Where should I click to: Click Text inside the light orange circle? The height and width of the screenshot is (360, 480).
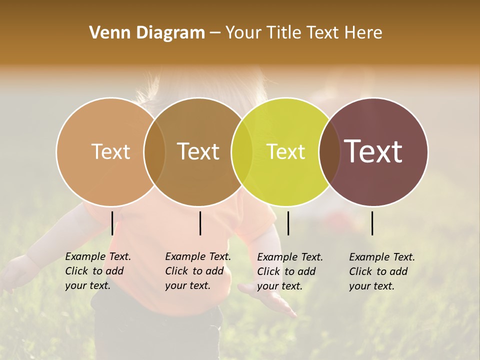pyautogui.click(x=110, y=151)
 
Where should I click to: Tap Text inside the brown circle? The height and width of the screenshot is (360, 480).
pyautogui.click(x=198, y=151)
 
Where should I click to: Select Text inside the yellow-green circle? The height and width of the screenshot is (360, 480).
pyautogui.click(x=285, y=151)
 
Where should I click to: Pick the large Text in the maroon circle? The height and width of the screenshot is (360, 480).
pyautogui.click(x=373, y=151)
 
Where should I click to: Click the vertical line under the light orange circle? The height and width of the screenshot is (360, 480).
pyautogui.click(x=112, y=223)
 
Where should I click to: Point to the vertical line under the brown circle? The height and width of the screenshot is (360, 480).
pyautogui.click(x=200, y=223)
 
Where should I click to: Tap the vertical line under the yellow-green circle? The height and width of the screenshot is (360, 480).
pyautogui.click(x=288, y=223)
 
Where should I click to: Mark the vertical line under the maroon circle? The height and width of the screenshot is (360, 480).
pyautogui.click(x=372, y=223)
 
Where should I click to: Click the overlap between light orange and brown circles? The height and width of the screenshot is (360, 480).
pyautogui.click(x=154, y=151)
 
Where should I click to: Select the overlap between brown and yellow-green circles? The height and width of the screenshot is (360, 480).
pyautogui.click(x=242, y=151)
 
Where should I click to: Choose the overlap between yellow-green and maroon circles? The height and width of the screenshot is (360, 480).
pyautogui.click(x=329, y=151)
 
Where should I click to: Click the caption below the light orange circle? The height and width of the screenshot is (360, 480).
pyautogui.click(x=98, y=271)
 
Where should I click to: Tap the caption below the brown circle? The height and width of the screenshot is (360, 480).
pyautogui.click(x=198, y=271)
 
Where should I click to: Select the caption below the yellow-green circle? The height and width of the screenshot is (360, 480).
pyautogui.click(x=290, y=271)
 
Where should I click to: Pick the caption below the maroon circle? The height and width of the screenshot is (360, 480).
pyautogui.click(x=382, y=271)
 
